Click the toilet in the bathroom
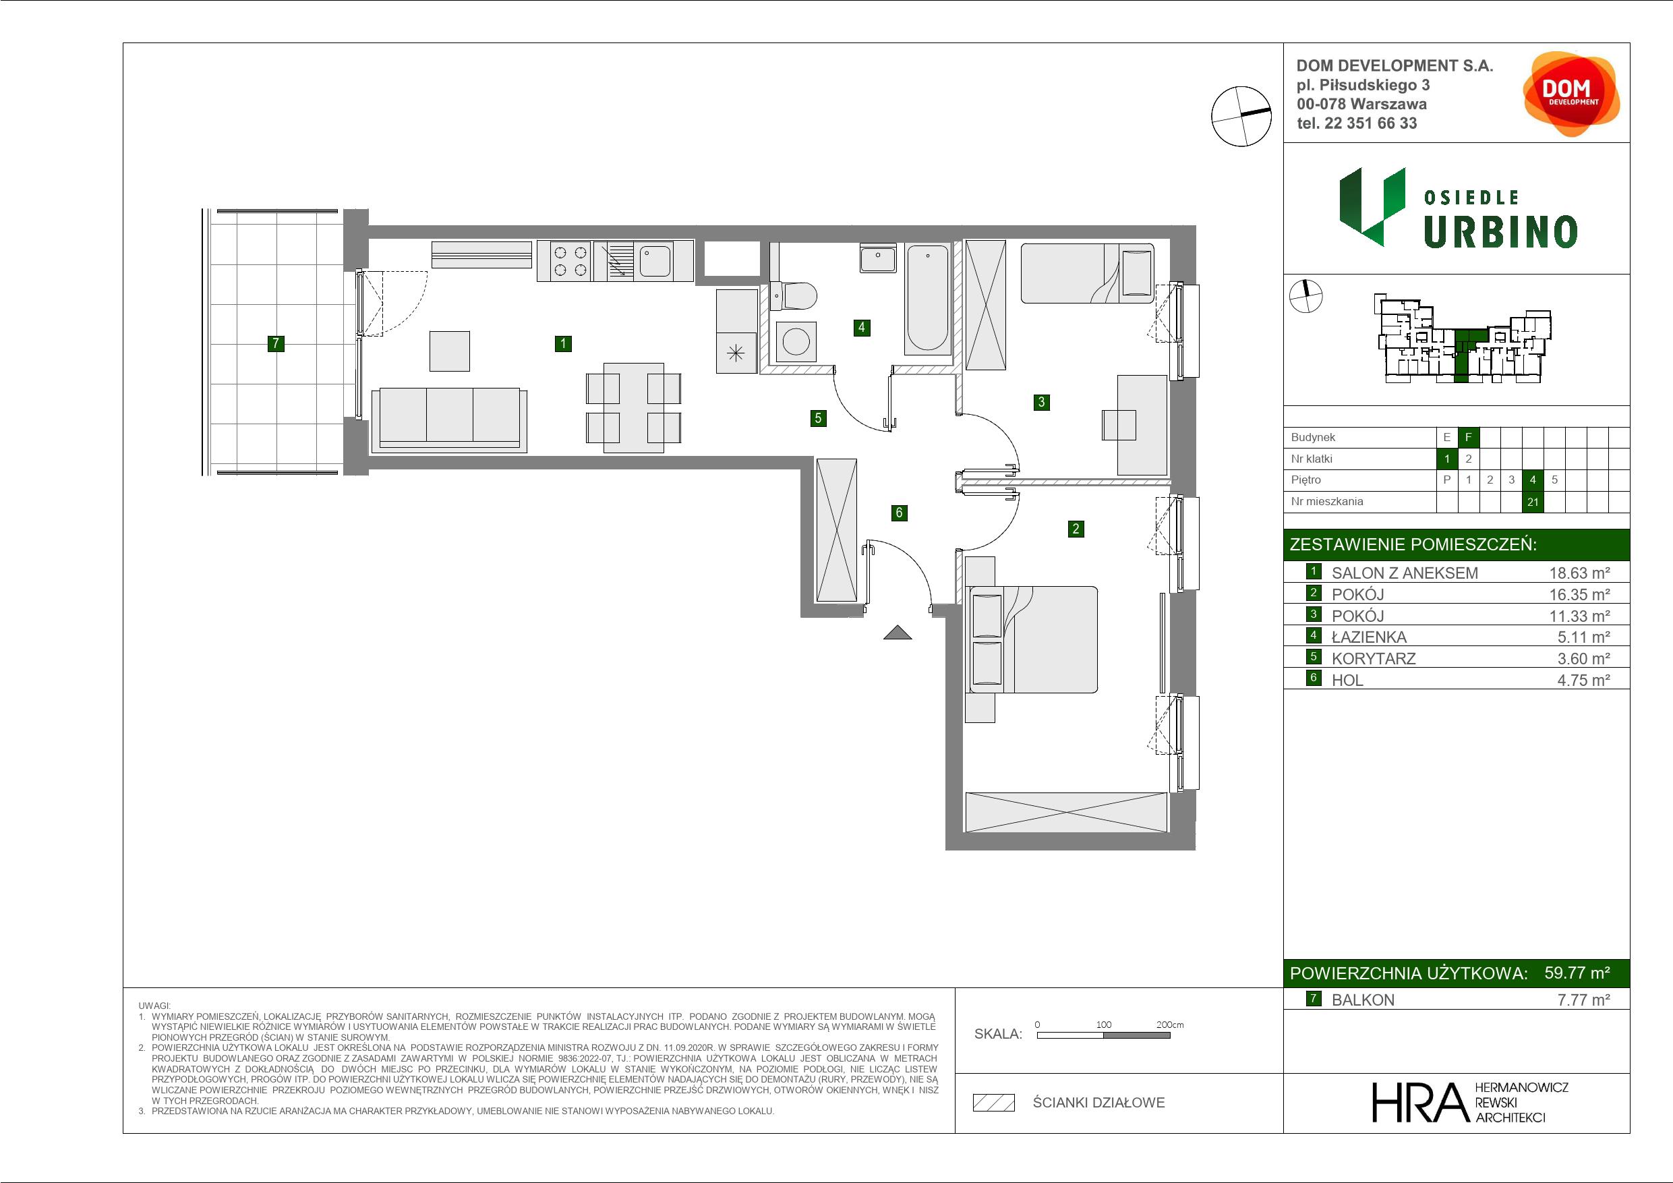click(794, 297)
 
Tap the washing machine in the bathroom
click(796, 342)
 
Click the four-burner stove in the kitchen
click(570, 262)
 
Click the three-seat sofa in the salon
click(450, 420)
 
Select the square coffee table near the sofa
click(450, 351)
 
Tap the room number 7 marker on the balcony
click(275, 343)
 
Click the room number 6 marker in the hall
click(899, 513)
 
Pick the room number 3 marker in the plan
click(1042, 401)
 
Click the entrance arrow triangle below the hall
click(898, 633)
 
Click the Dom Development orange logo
click(1571, 93)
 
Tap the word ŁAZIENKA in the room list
click(1369, 637)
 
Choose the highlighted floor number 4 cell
click(1533, 480)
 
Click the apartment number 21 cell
click(1533, 502)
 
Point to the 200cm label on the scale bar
click(1170, 1024)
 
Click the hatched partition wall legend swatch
click(994, 1103)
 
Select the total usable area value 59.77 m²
click(1577, 973)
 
